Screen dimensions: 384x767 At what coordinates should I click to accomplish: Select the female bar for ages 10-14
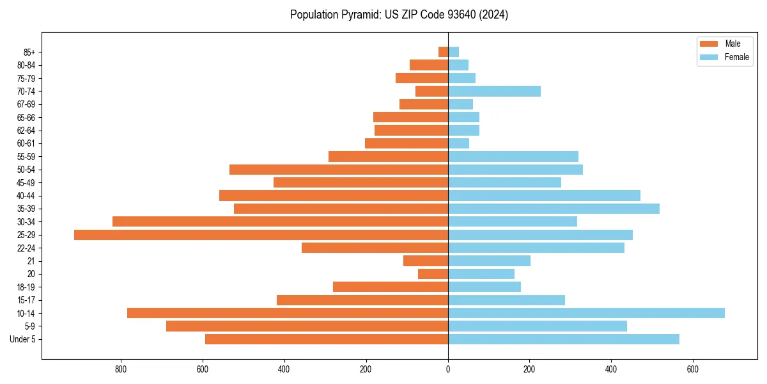(586, 313)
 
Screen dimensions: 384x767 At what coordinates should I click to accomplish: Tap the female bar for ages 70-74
(494, 92)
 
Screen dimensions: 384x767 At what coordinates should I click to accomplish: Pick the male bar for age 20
(433, 274)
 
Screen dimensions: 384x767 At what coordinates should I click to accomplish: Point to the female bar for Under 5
(563, 339)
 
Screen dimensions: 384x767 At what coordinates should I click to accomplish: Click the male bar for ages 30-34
(280, 221)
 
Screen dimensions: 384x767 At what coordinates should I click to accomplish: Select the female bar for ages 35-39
(554, 209)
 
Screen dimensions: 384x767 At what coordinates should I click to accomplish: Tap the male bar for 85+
(443, 52)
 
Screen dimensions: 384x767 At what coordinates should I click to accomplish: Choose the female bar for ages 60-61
(458, 143)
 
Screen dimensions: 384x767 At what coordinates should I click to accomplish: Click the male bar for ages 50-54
(339, 170)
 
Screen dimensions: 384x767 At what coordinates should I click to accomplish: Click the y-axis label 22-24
(26, 248)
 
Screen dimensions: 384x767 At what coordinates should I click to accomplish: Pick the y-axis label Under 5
(23, 339)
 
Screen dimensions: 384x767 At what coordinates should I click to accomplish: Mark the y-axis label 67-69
(26, 104)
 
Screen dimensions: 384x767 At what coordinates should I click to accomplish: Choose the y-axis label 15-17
(26, 300)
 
